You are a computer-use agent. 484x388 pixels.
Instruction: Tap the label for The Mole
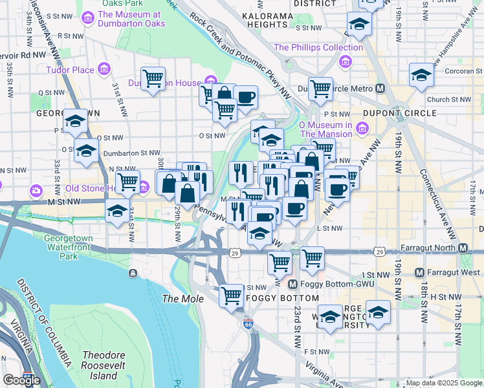click(182, 299)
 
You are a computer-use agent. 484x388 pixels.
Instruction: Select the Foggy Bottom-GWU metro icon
click(292, 284)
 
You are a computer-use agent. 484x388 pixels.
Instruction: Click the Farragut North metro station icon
click(463, 248)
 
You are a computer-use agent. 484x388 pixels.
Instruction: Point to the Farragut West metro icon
click(420, 272)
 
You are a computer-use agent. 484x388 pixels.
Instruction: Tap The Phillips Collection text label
click(318, 47)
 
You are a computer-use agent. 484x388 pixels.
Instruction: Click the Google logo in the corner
click(21, 380)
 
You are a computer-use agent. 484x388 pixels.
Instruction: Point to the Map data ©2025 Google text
click(444, 383)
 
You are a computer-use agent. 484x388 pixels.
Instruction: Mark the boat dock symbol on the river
click(133, 272)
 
